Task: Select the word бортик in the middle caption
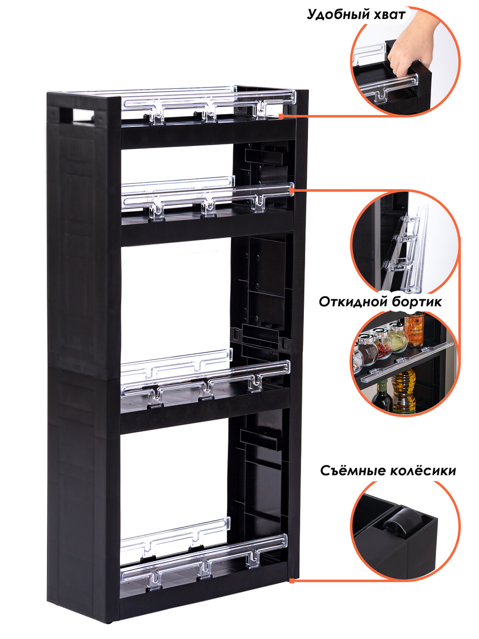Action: point(417,302)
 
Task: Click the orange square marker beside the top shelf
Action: point(281,116)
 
